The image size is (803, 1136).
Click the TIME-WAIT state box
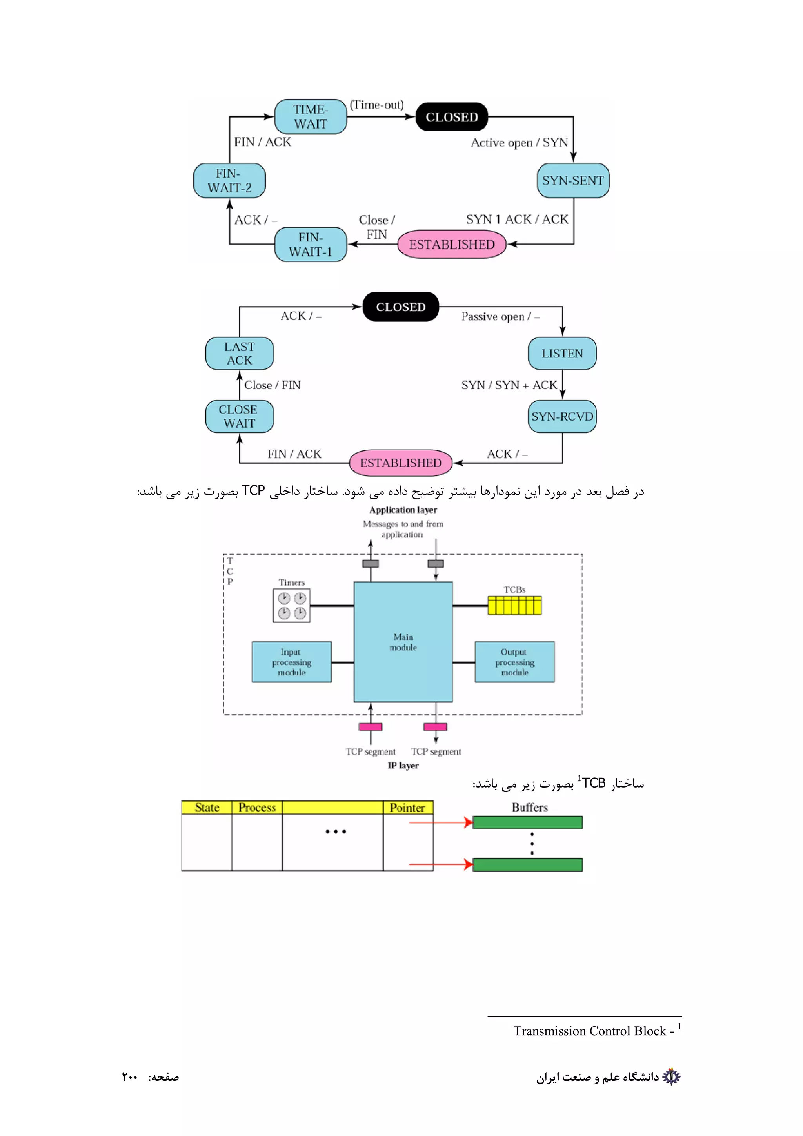tap(310, 117)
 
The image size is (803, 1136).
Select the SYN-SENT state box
tap(572, 181)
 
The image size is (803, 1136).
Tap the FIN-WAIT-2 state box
tap(229, 181)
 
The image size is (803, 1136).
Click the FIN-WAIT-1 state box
tap(310, 245)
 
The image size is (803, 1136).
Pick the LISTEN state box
tap(562, 353)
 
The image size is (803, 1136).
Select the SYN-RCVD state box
tap(562, 417)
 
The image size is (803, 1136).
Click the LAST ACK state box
tap(240, 353)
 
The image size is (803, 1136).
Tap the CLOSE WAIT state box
tap(240, 417)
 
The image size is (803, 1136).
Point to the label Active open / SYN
tap(519, 143)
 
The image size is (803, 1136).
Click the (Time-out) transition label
tap(376, 105)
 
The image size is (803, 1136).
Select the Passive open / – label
tap(500, 317)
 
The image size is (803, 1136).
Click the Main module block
tap(403, 642)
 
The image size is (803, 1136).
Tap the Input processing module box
tap(291, 662)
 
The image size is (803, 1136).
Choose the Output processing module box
tap(514, 662)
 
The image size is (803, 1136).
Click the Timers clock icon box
tap(291, 606)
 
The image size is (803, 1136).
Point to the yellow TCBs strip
tap(514, 606)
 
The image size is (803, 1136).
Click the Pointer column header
tap(408, 808)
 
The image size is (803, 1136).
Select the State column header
tap(207, 808)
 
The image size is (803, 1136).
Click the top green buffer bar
tap(527, 822)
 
